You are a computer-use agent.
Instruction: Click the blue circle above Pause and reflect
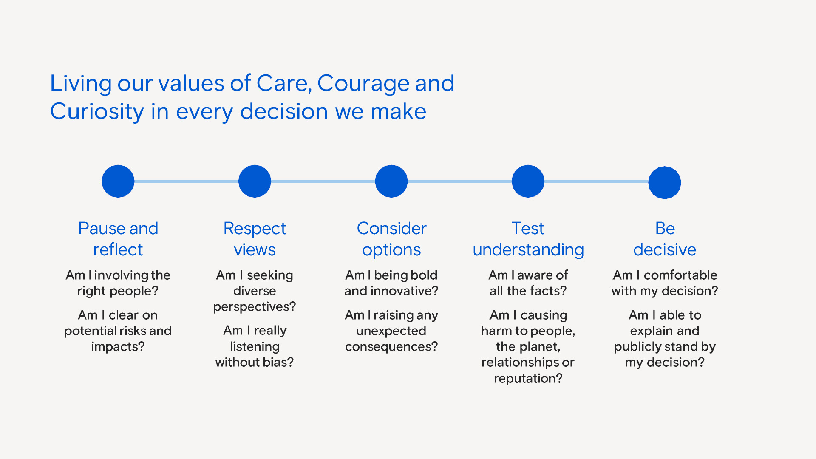[118, 181]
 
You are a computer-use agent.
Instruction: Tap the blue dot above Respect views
[255, 181]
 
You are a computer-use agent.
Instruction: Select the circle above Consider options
[391, 181]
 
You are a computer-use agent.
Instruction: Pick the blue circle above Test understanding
[528, 181]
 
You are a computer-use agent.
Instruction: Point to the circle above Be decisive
[665, 182]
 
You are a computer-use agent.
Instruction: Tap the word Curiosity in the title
[97, 112]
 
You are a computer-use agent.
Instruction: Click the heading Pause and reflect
[118, 239]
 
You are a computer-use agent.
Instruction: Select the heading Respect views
[255, 239]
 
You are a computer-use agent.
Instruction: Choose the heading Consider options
[391, 239]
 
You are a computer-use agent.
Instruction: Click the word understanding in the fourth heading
[528, 250]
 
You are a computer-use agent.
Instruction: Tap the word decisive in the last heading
[665, 250]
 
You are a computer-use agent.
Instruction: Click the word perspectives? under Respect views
[255, 307]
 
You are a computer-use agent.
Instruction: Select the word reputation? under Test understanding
[528, 378]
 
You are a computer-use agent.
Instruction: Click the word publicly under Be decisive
[637, 347]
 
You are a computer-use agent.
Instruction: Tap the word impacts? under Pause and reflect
[118, 347]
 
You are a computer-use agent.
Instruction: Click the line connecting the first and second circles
[186, 181]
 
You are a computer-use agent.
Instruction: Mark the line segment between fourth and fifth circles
[596, 181]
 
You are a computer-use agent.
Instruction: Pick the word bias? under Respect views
[278, 363]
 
